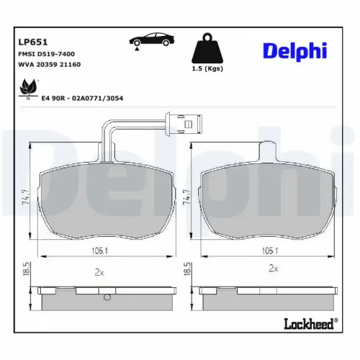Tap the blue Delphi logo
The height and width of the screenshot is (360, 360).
(x=294, y=51)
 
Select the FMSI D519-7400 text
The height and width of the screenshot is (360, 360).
(x=47, y=54)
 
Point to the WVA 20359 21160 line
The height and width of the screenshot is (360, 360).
(x=49, y=66)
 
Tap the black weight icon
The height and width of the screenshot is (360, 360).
(x=206, y=50)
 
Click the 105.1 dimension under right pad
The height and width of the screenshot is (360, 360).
(x=268, y=251)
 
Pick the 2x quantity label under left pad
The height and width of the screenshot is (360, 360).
(x=100, y=272)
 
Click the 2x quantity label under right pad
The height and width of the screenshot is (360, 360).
(x=273, y=268)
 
